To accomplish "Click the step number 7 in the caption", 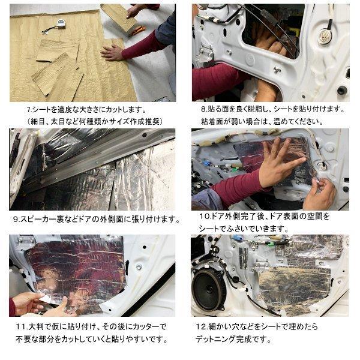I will pyautogui.click(x=29, y=110).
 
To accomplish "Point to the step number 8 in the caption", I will pyautogui.click(x=203, y=110).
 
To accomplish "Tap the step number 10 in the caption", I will pyautogui.click(x=203, y=215).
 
